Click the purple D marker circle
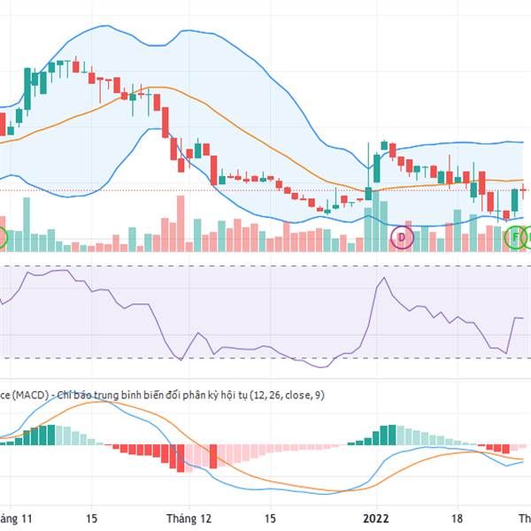pyautogui.click(x=402, y=237)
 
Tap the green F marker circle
pyautogui.click(x=515, y=237)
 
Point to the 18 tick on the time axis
pyautogui.click(x=458, y=519)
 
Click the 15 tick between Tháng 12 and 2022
pyautogui.click(x=272, y=519)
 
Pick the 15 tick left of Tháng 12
pyautogui.click(x=91, y=519)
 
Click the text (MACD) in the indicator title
pyautogui.click(x=30, y=395)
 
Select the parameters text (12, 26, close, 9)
pyautogui.click(x=288, y=395)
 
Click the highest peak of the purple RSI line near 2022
pyautogui.click(x=383, y=279)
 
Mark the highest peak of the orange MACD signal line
pyautogui.click(x=97, y=403)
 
